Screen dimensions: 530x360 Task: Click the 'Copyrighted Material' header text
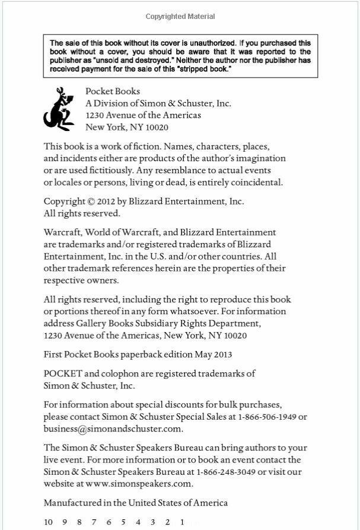(x=180, y=17)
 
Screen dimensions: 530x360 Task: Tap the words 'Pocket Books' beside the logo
(x=113, y=91)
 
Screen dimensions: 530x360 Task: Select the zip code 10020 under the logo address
(x=157, y=127)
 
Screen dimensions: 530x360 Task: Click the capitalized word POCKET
(x=63, y=373)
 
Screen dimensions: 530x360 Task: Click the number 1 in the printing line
(x=183, y=522)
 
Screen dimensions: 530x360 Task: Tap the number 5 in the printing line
(x=123, y=522)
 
